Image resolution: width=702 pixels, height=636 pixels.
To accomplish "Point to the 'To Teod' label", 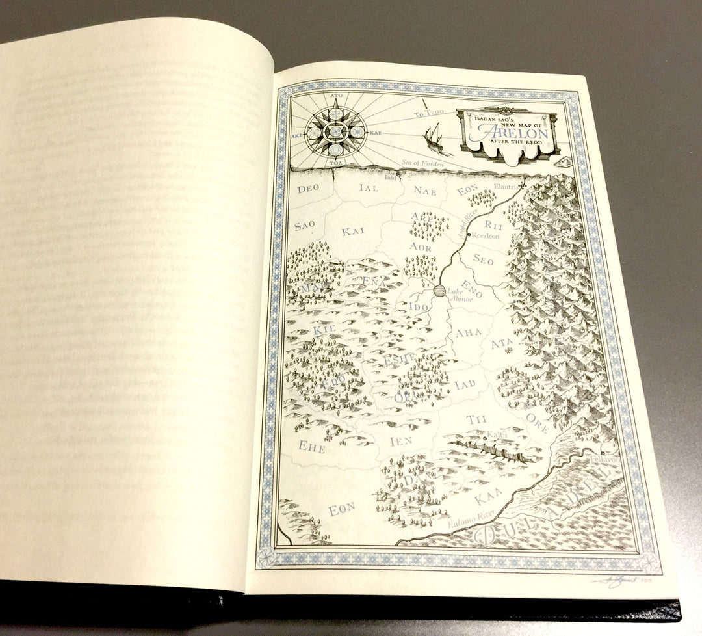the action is click(x=428, y=114).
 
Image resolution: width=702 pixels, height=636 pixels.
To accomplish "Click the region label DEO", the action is click(x=309, y=191).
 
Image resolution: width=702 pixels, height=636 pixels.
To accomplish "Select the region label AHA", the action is click(x=469, y=333).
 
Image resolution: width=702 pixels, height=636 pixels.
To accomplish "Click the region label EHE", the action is click(x=311, y=447).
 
